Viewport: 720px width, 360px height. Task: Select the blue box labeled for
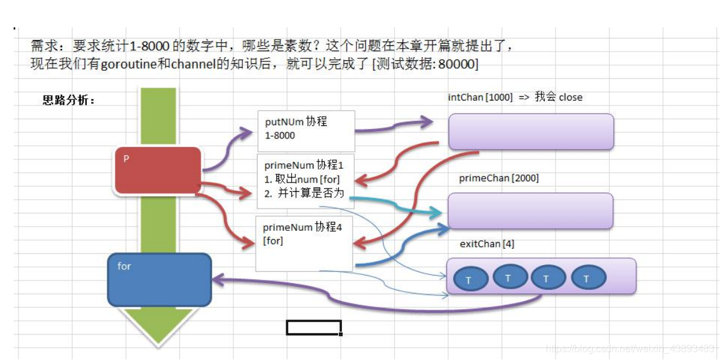coord(160,279)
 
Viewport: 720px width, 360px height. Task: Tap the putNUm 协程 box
coord(306,131)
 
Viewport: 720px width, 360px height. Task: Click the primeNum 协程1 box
coord(305,181)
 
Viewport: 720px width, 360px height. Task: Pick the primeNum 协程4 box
coord(304,243)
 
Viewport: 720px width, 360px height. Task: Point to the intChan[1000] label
coord(480,97)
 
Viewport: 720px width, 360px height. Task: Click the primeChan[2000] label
coord(498,179)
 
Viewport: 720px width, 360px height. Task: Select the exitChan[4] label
coord(487,244)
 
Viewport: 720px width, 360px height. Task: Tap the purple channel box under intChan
coord(531,131)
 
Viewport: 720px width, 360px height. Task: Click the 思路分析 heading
coord(68,101)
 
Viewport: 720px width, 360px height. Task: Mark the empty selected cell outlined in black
coord(313,327)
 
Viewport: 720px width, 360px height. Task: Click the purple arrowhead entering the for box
coord(218,280)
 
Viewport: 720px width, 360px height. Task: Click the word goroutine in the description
coord(130,64)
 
